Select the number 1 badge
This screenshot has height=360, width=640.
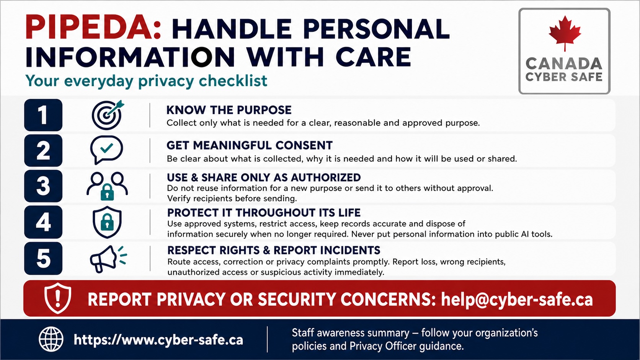tap(43, 115)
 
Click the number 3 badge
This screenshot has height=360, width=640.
tap(43, 186)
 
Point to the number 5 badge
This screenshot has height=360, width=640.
tap(43, 258)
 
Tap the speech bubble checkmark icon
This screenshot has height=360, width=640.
tap(106, 150)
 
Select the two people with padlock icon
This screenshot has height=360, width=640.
tap(107, 186)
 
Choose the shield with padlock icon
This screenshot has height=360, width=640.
tap(107, 222)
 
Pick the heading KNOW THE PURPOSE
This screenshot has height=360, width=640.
tap(229, 110)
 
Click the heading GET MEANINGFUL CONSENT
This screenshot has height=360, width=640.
tap(250, 145)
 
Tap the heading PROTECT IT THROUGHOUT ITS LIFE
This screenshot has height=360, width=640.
tap(264, 213)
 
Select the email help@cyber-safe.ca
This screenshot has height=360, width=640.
tap(517, 299)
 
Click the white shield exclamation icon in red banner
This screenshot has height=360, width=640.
tap(58, 298)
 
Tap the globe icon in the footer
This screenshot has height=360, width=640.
tap(51, 339)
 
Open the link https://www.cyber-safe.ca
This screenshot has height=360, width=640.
tap(158, 340)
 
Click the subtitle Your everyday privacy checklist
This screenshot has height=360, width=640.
tap(146, 81)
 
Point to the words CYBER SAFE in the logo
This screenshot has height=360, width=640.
tap(564, 77)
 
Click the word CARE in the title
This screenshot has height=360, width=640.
tap(373, 57)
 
